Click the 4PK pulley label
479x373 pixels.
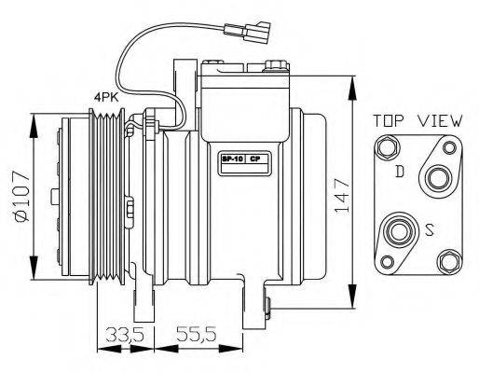click(x=103, y=95)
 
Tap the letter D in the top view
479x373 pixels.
click(x=399, y=172)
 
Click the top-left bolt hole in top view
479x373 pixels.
click(x=386, y=145)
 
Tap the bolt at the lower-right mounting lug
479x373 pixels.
click(x=267, y=303)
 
